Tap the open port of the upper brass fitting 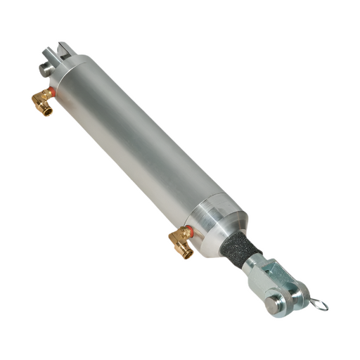click(x=47, y=111)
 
